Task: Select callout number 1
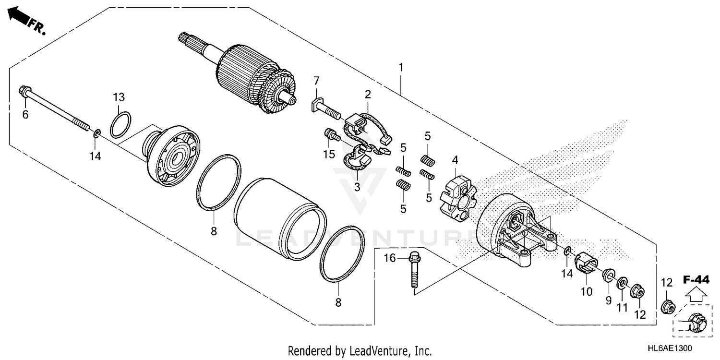(400, 67)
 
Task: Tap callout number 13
(119, 97)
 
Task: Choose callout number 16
(389, 258)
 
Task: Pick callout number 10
(587, 291)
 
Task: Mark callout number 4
(455, 160)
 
